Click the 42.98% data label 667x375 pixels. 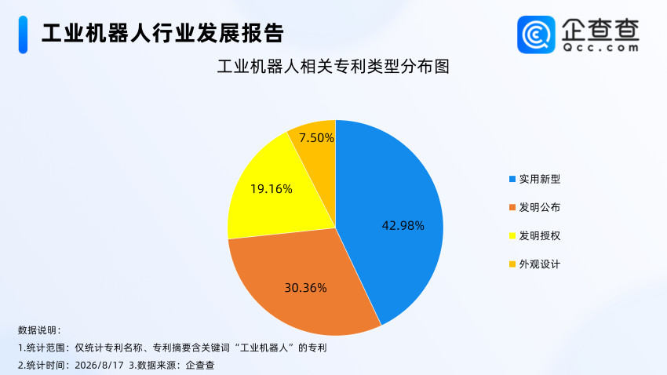point(403,226)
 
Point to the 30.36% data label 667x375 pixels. point(305,288)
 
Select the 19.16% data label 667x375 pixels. point(271,189)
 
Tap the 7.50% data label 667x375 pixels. point(316,138)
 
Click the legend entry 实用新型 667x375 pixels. point(534,179)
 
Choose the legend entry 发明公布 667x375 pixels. point(534,207)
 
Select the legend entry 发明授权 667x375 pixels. point(534,236)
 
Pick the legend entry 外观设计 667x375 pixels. point(534,264)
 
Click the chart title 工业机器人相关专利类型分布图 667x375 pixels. point(333,67)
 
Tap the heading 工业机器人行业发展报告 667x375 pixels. point(162,33)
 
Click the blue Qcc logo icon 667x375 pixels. point(536,35)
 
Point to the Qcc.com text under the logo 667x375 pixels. point(600,48)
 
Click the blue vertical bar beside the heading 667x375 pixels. point(23,35)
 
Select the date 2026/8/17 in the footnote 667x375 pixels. point(99,366)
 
